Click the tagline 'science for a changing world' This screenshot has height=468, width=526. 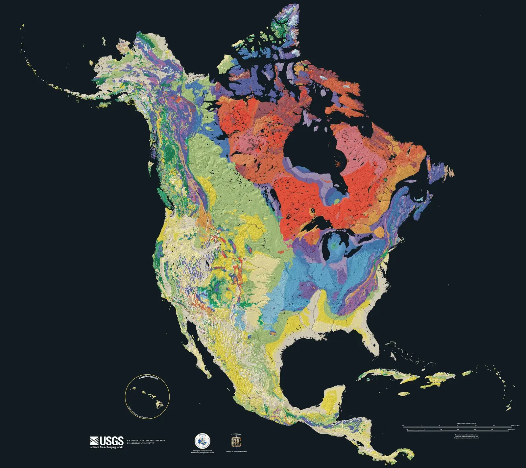coord(107,447)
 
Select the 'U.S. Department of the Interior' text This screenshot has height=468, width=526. coord(146,440)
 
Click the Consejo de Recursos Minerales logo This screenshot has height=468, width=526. coord(236,441)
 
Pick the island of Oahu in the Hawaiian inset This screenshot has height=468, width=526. coord(144,392)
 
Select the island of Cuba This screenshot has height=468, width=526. coord(388,375)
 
